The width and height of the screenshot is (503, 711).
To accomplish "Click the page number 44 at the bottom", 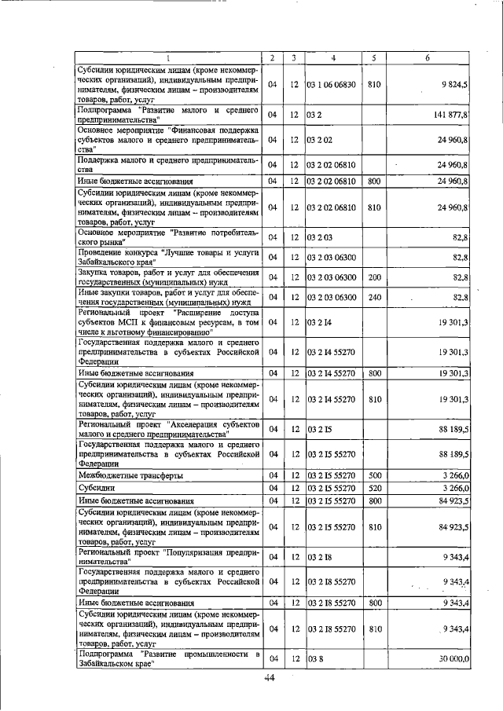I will click(x=269, y=677).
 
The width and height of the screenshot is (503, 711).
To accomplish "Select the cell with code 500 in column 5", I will click(x=374, y=475).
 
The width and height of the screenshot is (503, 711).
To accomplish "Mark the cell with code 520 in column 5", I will click(x=374, y=488).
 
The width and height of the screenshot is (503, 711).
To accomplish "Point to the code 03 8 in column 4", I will click(x=314, y=658).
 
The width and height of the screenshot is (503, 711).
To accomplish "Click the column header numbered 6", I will click(x=428, y=57).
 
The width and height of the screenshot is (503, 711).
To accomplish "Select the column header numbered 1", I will click(x=167, y=57).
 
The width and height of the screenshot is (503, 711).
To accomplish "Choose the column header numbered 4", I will click(x=333, y=57).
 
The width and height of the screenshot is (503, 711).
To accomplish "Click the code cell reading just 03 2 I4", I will click(x=319, y=322).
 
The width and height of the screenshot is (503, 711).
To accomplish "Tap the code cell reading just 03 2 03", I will click(x=320, y=236).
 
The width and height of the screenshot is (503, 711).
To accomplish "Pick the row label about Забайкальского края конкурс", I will click(x=167, y=257).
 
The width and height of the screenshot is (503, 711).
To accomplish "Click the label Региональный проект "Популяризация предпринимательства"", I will click(x=167, y=557).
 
